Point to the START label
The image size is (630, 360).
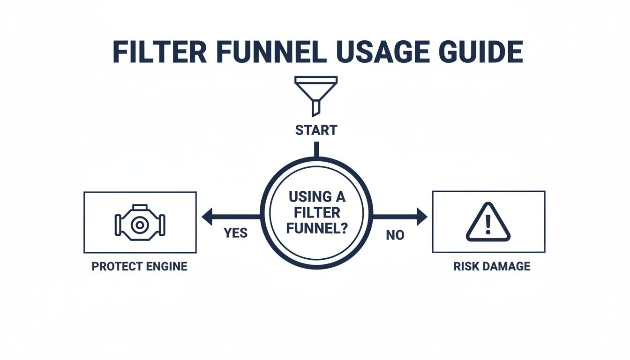click(x=316, y=130)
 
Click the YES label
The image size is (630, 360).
click(x=235, y=233)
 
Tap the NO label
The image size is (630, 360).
click(x=395, y=235)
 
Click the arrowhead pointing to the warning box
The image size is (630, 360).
click(x=422, y=217)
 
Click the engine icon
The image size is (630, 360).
click(x=139, y=223)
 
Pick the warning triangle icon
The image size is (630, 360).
click(x=488, y=222)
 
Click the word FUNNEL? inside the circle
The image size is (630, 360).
click(x=316, y=229)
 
